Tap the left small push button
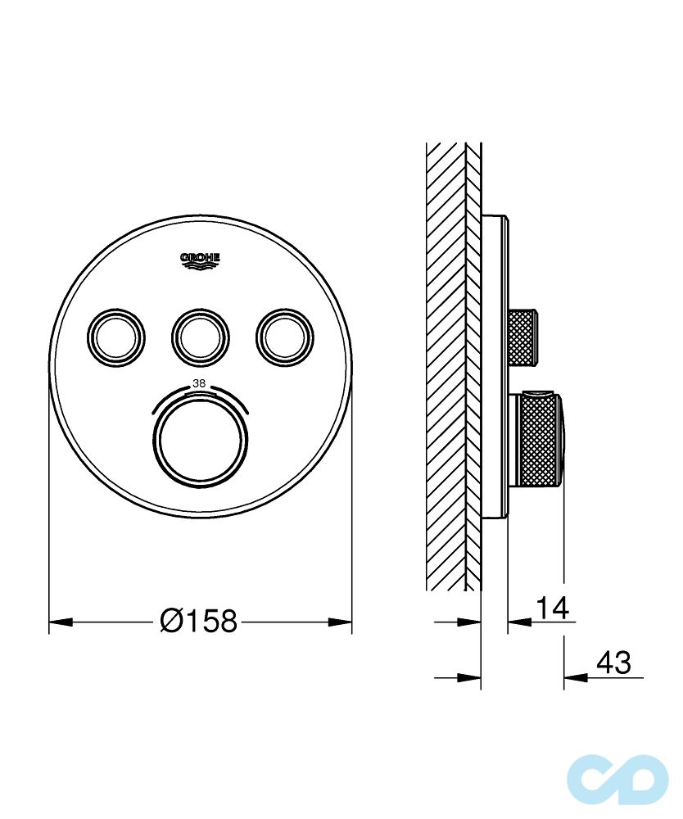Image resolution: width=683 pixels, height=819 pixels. point(116,334)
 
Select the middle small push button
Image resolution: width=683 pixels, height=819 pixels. point(200,334)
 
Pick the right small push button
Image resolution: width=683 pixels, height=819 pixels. point(283,334)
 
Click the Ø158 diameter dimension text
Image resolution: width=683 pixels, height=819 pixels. point(199,622)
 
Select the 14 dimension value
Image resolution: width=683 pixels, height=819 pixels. point(552,609)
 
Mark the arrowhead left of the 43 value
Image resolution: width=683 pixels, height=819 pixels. point(573,677)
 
